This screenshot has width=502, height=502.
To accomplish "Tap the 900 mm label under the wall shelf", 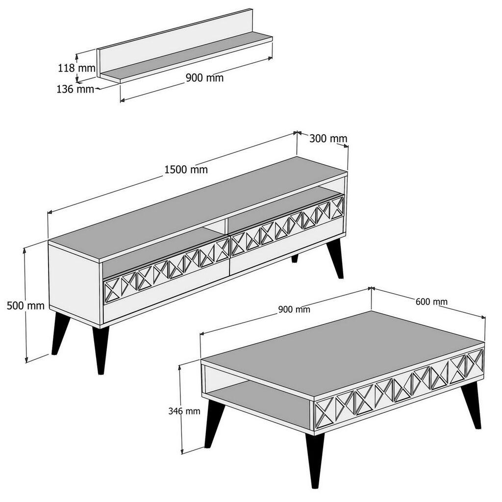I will pyautogui.click(x=204, y=78).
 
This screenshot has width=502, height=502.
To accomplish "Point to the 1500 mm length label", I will pyautogui.click(x=186, y=170).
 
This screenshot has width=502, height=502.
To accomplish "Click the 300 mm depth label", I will pyautogui.click(x=328, y=138).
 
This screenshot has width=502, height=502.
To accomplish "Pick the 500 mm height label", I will pyautogui.click(x=25, y=306).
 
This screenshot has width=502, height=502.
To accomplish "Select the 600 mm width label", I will pyautogui.click(x=431, y=301).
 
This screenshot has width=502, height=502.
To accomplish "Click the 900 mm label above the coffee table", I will pyautogui.click(x=294, y=309).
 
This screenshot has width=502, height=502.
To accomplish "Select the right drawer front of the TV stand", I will pyautogui.click(x=287, y=233).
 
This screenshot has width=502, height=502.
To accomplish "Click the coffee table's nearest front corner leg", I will pyautogui.click(x=315, y=458).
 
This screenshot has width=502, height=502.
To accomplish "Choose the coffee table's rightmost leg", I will pyautogui.click(x=472, y=404).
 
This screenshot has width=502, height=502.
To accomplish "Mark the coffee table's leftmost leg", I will pyautogui.click(x=214, y=424).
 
